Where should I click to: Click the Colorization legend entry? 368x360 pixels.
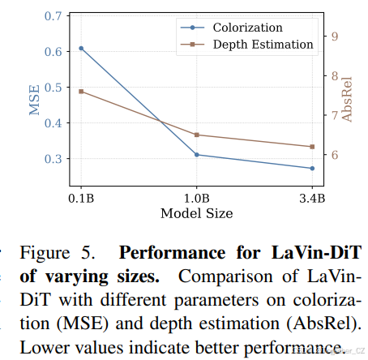coord(243,27)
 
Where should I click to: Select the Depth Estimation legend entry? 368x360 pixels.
coord(263,45)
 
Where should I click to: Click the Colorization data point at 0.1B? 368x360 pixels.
coord(81,49)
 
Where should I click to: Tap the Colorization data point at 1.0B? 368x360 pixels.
coord(197,155)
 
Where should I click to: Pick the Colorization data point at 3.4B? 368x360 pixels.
coord(312,169)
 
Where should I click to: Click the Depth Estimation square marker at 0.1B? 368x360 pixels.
coord(81,92)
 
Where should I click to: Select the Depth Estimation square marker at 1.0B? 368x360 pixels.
coord(197,135)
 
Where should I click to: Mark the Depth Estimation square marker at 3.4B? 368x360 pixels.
coord(312,147)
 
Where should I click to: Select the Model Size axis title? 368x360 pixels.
coord(197,213)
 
